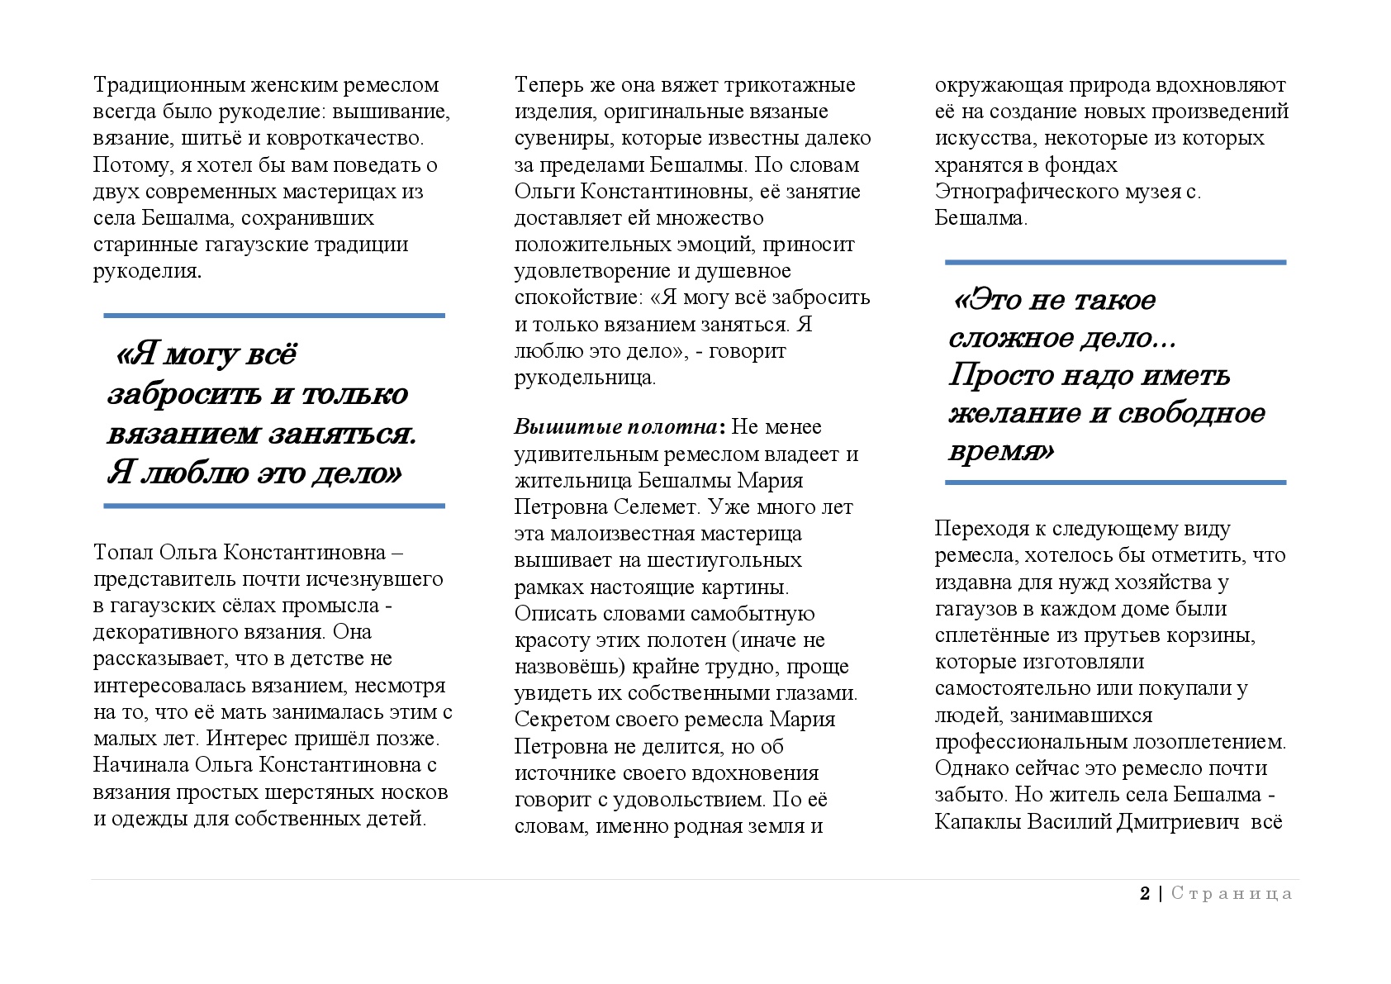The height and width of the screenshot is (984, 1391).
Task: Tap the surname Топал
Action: coord(122,552)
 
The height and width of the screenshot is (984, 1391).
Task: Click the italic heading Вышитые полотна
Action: coord(615,427)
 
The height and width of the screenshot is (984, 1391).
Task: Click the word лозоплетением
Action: coord(1198,742)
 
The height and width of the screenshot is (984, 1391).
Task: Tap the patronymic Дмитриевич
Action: coord(1179,822)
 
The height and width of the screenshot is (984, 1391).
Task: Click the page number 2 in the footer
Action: coord(1145,893)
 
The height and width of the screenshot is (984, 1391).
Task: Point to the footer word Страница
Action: coord(1232,893)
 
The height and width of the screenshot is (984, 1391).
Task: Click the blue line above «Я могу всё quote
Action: coord(274,315)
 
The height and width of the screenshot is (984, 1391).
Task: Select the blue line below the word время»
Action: coord(1115,482)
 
